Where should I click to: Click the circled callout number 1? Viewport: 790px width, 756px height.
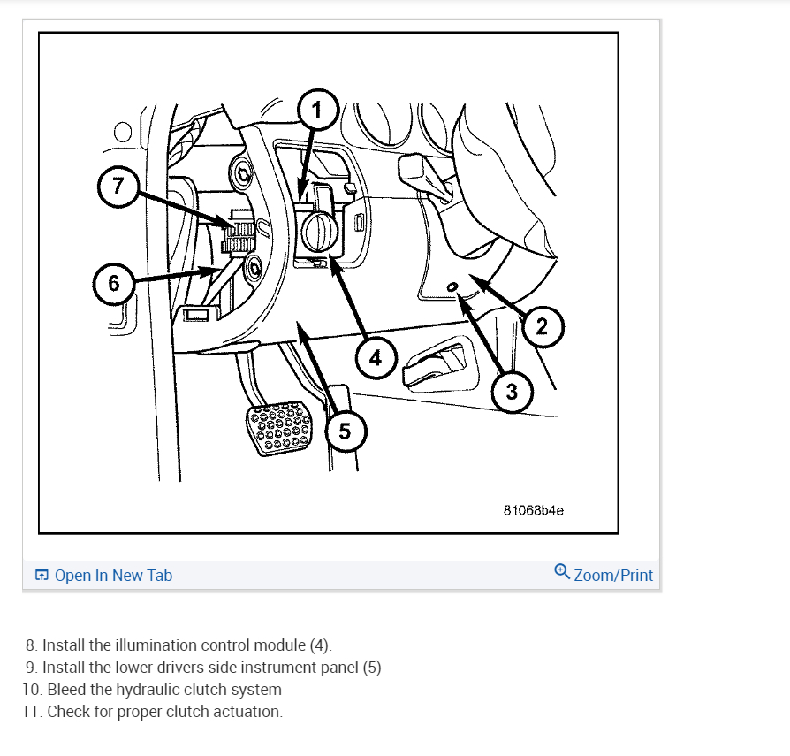click(317, 110)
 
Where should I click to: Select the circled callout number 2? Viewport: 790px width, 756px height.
click(542, 326)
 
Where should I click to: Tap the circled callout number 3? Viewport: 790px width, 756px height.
click(512, 391)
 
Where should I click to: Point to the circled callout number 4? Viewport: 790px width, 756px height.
click(376, 358)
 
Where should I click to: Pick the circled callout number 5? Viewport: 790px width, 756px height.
click(346, 431)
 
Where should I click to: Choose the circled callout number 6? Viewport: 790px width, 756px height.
click(114, 283)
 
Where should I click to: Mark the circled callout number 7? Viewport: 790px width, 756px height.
click(118, 186)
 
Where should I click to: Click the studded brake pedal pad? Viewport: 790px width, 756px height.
click(279, 427)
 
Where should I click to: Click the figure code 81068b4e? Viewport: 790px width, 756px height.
click(533, 510)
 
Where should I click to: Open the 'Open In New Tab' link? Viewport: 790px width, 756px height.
click(113, 575)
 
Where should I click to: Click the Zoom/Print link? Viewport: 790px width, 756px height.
click(613, 575)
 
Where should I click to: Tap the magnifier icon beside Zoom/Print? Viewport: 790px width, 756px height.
click(562, 572)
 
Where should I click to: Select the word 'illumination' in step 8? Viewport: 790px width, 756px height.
click(183, 645)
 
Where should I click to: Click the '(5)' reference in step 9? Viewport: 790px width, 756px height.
click(372, 668)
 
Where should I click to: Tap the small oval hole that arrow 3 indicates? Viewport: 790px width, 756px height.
click(452, 286)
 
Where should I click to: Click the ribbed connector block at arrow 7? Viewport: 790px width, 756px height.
click(239, 232)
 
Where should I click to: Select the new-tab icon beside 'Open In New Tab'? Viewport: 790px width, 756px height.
click(42, 575)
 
